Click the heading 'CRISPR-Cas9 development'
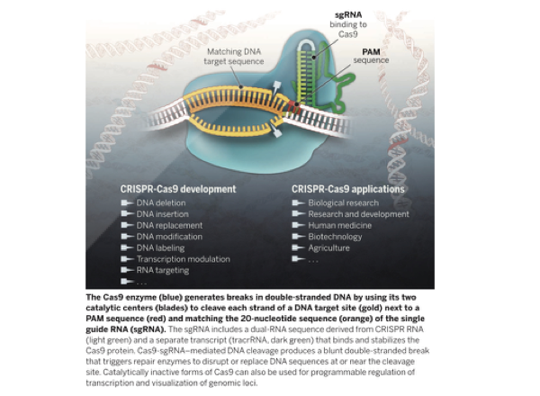pyautogui.click(x=178, y=189)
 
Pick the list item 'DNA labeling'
pyautogui.click(x=161, y=247)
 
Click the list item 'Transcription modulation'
pyautogui.click(x=181, y=259)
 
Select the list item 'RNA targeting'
pyautogui.click(x=163, y=270)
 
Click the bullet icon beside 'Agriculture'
pyautogui.click(x=299, y=247)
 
